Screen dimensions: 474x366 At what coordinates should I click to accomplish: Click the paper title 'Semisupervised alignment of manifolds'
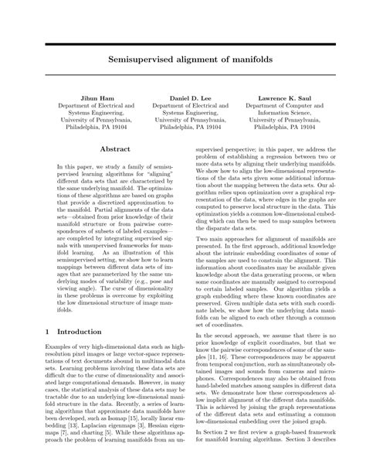point(183,57)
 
